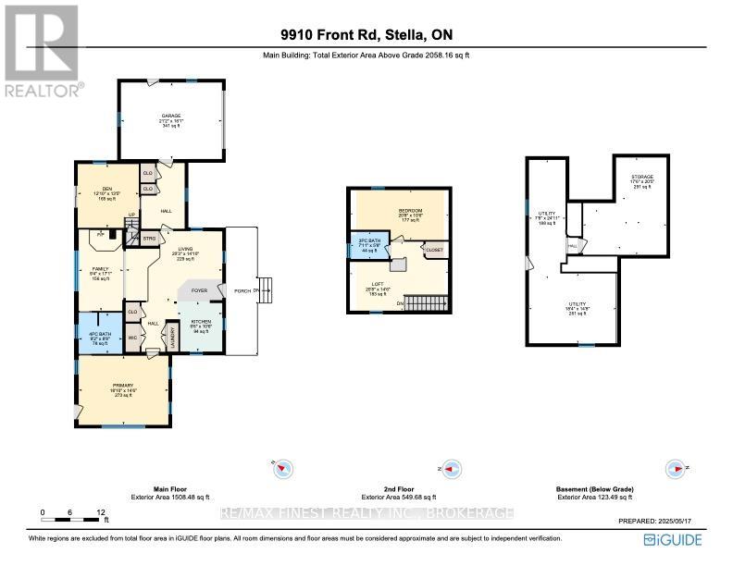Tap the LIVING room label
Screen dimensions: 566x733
191,250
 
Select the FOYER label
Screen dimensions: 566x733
198,290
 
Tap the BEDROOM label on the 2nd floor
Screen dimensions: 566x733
411,212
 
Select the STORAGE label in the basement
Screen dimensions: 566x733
642,177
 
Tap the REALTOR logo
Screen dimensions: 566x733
41,52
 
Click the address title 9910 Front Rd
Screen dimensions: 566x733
366,36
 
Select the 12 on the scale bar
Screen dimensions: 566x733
100,511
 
